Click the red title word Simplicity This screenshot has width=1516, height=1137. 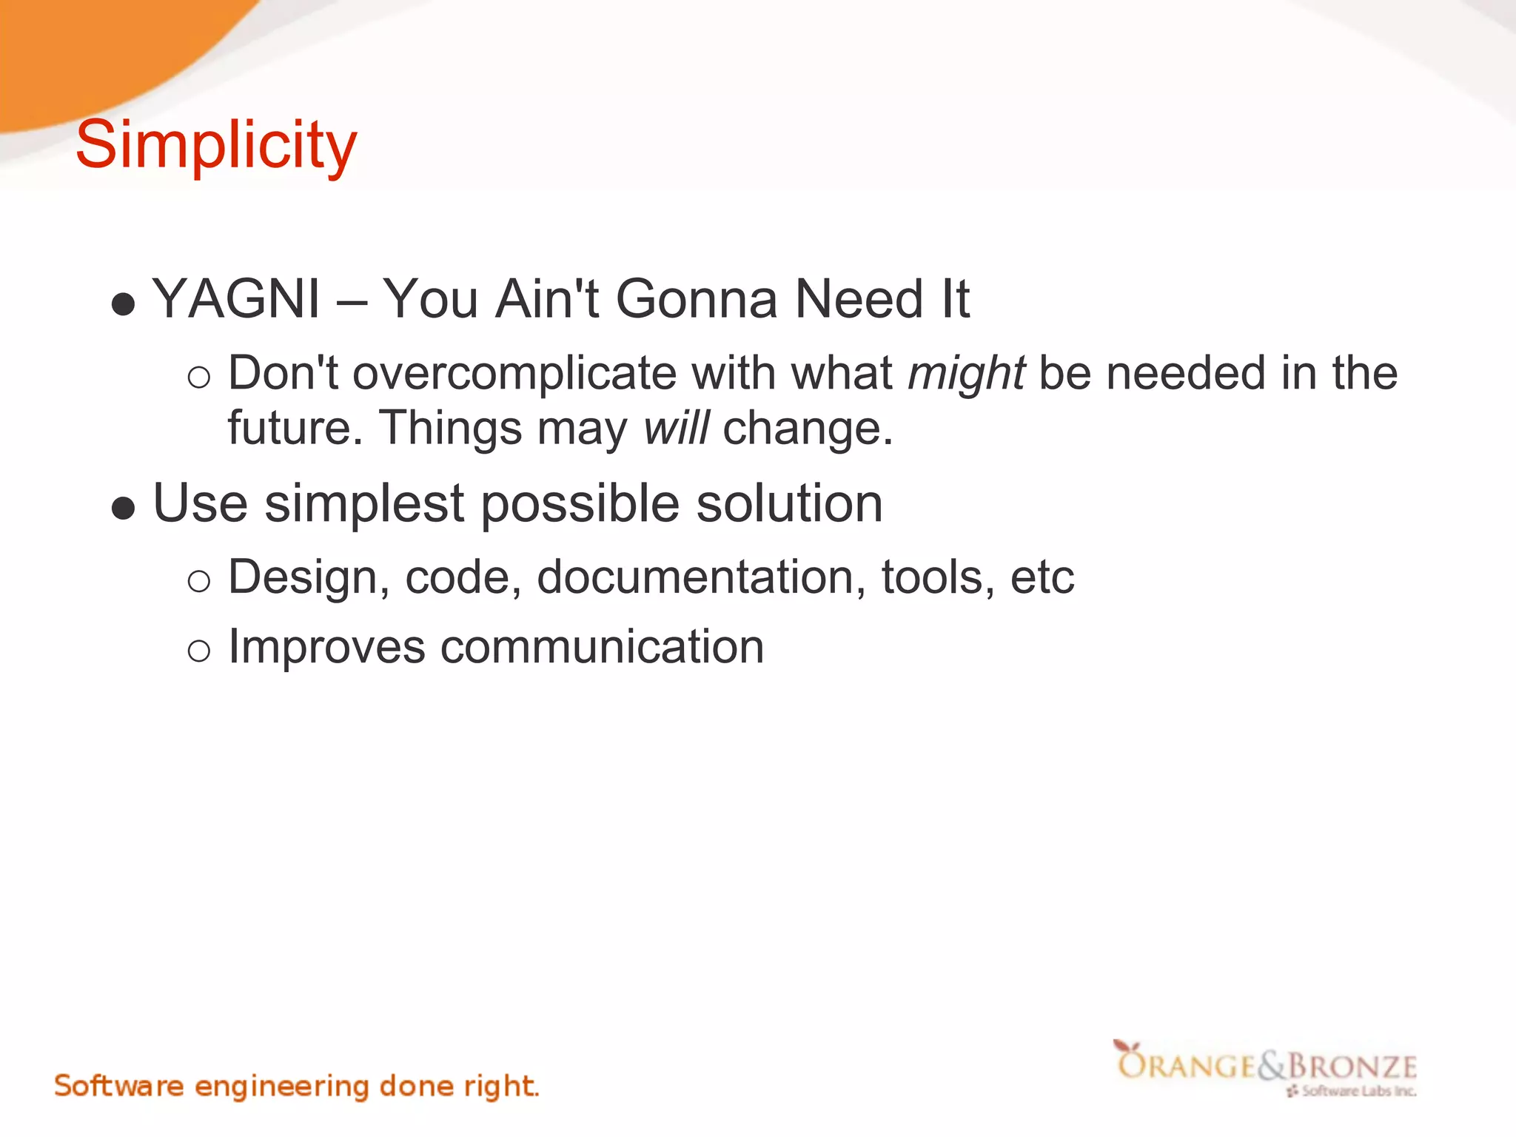pyautogui.click(x=216, y=145)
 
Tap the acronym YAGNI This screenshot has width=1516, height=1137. pyautogui.click(x=235, y=299)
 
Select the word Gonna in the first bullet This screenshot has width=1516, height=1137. pyautogui.click(x=696, y=299)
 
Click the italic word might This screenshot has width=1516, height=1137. pyautogui.click(x=966, y=373)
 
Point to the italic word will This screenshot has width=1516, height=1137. pyautogui.click(x=676, y=428)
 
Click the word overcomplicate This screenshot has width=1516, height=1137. pyautogui.click(x=514, y=373)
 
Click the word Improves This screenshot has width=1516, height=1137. pyautogui.click(x=326, y=647)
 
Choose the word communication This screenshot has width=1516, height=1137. pyautogui.click(x=602, y=647)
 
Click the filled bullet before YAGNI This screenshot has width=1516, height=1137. pyautogui.click(x=123, y=304)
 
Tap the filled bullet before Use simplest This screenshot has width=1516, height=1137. pyautogui.click(x=123, y=509)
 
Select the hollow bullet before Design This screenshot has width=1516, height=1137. pyautogui.click(x=199, y=582)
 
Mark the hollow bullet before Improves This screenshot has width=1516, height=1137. pyautogui.click(x=199, y=651)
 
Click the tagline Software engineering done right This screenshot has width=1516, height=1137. pyautogui.click(x=296, y=1086)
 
